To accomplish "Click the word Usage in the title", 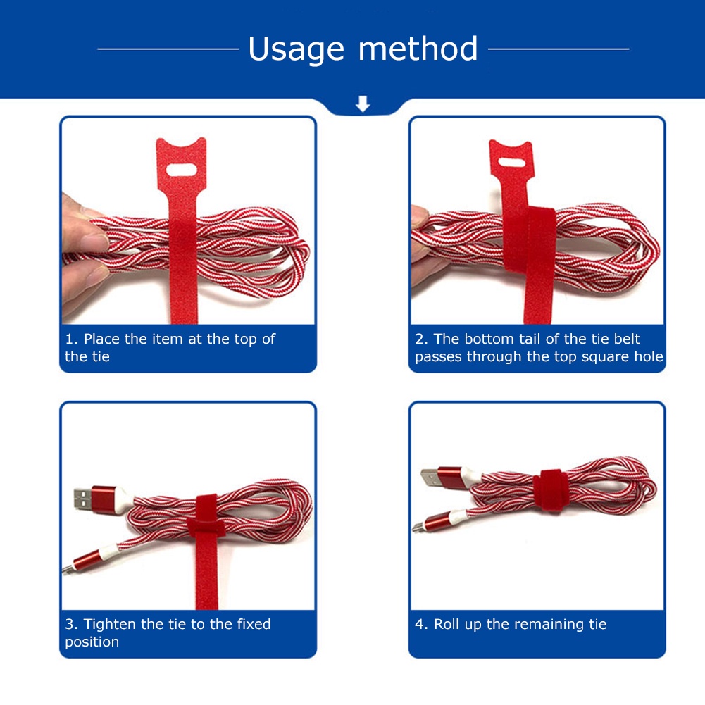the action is [x=297, y=49].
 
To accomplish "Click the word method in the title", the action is [x=418, y=48].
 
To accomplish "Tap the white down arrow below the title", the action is [x=363, y=104].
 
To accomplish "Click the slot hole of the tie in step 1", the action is [x=182, y=170].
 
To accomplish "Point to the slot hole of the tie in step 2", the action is [x=511, y=162].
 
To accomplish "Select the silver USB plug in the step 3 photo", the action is [x=82, y=499].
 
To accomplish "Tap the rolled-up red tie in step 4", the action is [x=551, y=490].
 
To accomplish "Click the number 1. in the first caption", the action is [x=72, y=339].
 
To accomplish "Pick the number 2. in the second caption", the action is [x=421, y=339].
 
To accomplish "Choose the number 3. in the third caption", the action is [x=72, y=624].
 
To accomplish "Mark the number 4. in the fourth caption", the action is [x=421, y=624].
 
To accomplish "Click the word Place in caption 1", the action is [x=102, y=339].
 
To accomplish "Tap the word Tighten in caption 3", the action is [x=110, y=625].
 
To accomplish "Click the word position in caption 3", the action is [x=92, y=642].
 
